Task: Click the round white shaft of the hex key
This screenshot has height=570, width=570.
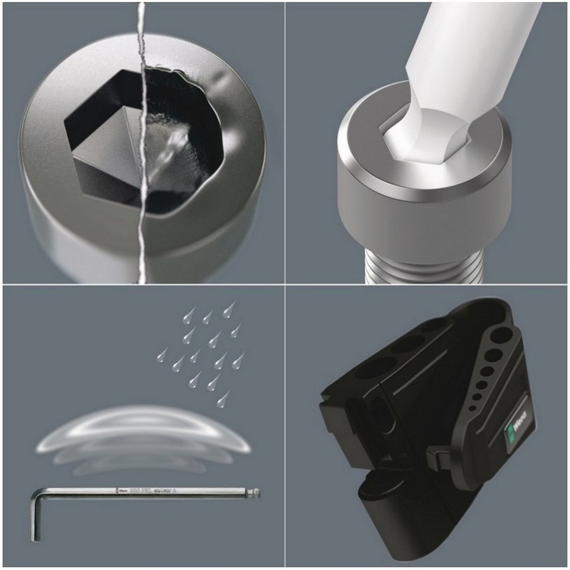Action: [470, 43]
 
